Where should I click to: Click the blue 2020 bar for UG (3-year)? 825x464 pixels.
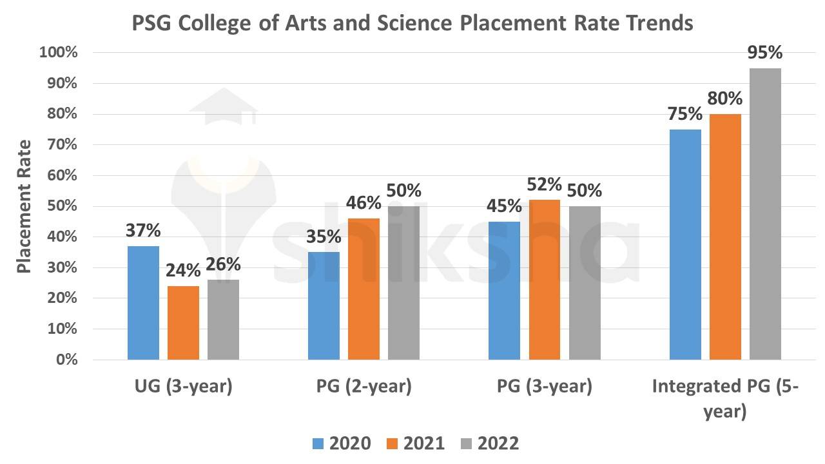pos(143,303)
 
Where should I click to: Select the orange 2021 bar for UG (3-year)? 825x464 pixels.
pos(183,322)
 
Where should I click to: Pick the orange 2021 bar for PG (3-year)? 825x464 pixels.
pos(545,280)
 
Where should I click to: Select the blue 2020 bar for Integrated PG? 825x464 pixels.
pos(685,244)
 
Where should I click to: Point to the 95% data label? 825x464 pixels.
pos(764,52)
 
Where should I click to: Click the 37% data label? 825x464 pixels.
pos(143,230)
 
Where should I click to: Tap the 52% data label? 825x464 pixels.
pos(545,184)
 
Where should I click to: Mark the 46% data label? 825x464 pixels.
pos(364,203)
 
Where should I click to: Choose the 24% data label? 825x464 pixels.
pos(183,271)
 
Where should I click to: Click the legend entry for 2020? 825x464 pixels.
pos(342,443)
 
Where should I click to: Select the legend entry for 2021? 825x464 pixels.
pos(416,443)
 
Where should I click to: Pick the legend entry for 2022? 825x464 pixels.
pos(490,443)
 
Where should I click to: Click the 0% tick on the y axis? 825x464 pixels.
pos(66,360)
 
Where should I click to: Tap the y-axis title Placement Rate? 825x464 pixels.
pos(24,206)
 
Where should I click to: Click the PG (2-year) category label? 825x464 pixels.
pos(364,387)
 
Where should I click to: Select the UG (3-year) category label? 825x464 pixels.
pos(183,387)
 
